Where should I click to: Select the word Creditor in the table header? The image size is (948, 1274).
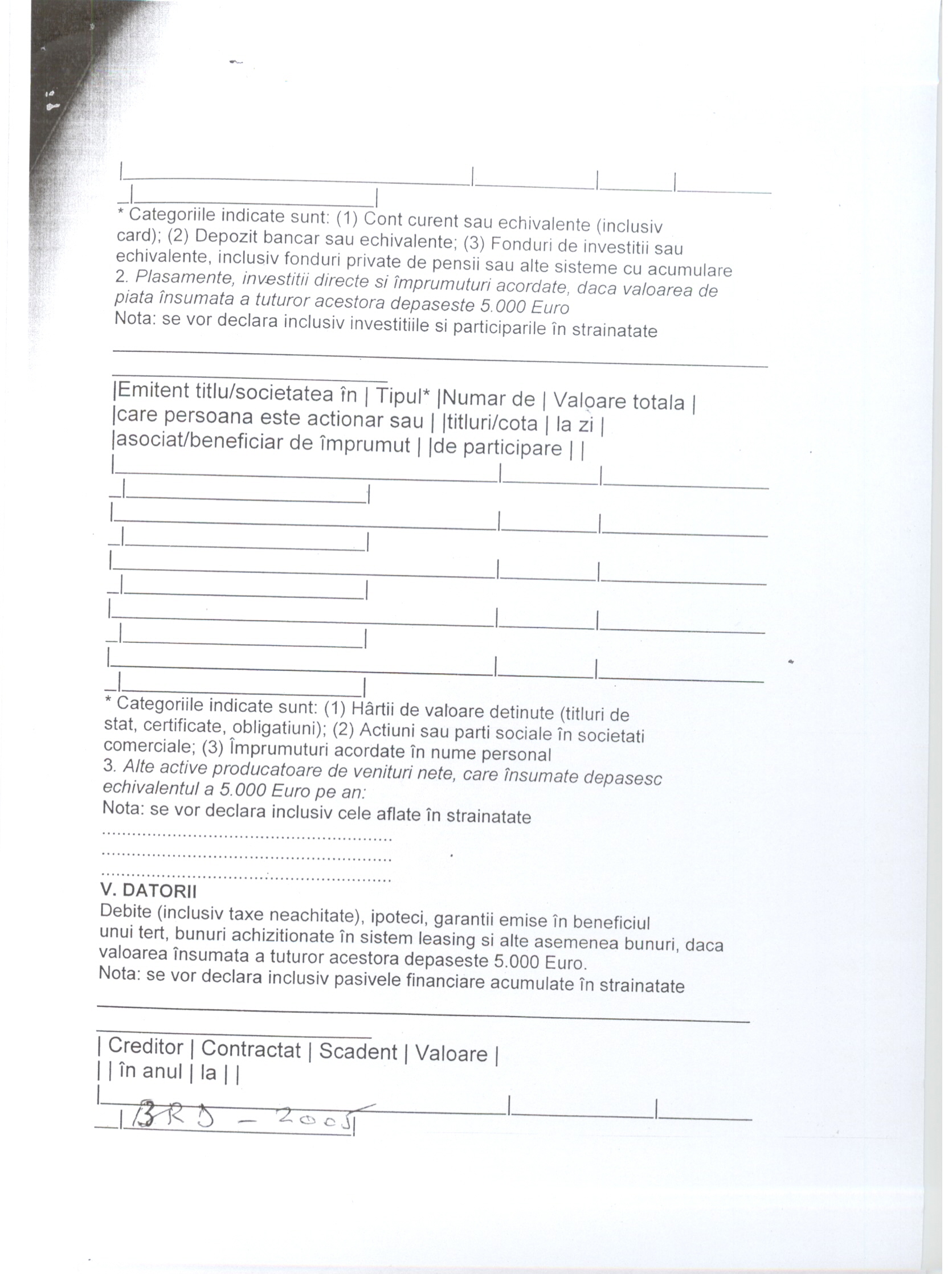tap(145, 1047)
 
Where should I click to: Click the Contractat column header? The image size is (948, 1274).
tap(251, 1050)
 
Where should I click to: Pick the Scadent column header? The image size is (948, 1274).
tap(358, 1052)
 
